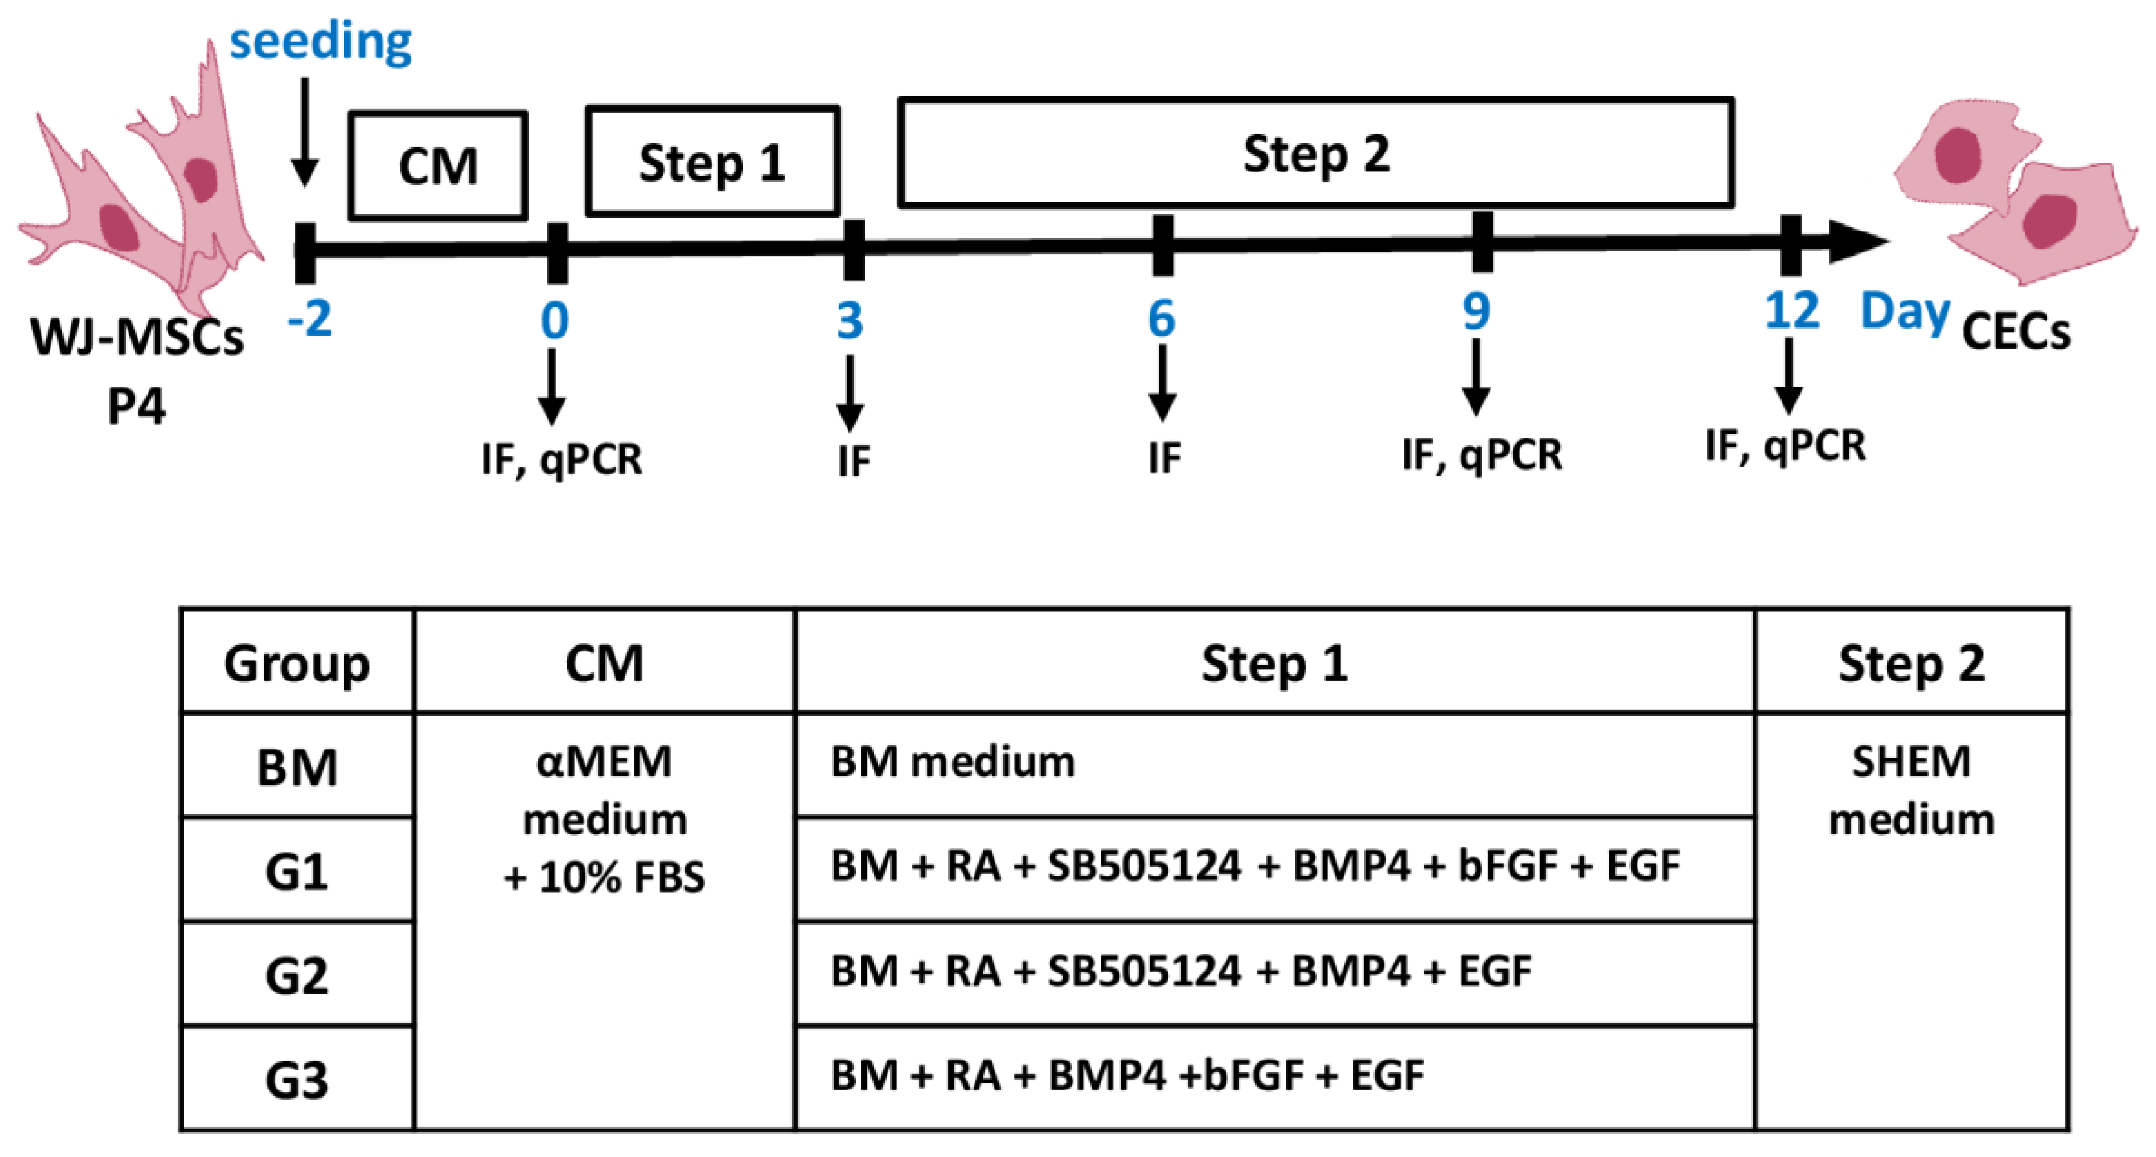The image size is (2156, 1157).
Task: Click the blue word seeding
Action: tap(321, 42)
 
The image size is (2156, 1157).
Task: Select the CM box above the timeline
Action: tap(438, 166)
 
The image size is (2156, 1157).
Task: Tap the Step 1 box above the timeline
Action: tap(712, 162)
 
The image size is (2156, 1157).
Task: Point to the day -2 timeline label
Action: tap(310, 319)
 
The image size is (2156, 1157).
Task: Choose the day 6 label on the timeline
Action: tap(1162, 318)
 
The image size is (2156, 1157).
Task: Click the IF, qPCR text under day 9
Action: tap(1482, 454)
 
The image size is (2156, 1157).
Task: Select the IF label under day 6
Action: tap(1164, 458)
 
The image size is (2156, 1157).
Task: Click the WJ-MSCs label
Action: tap(137, 338)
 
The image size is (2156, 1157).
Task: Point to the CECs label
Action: tap(2015, 332)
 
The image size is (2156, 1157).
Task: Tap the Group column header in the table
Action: tap(296, 664)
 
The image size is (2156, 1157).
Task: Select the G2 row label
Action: tap(296, 975)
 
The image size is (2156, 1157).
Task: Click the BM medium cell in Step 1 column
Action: tap(953, 762)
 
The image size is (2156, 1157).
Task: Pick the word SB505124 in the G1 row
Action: tap(1143, 866)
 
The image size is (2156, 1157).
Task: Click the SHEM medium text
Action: tap(1911, 790)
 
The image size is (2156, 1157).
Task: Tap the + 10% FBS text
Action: tap(604, 877)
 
